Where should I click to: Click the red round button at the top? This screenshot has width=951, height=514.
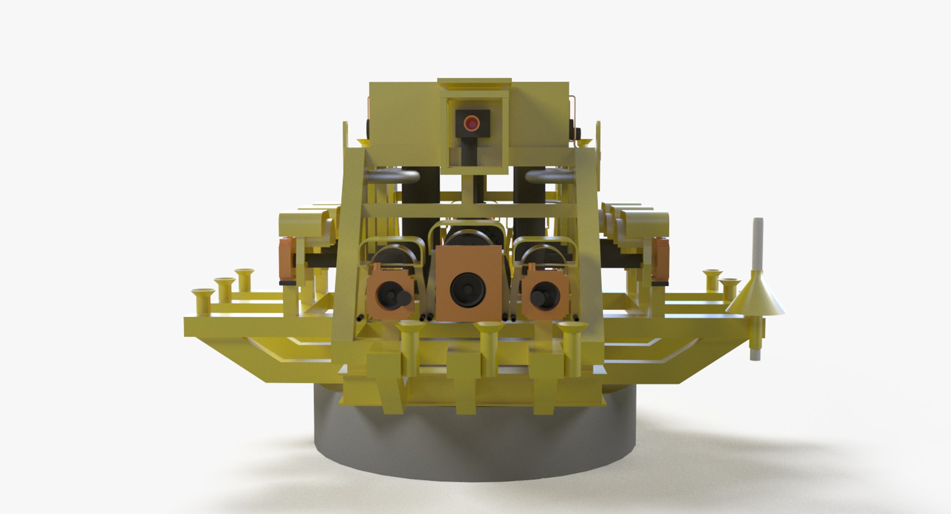(472, 123)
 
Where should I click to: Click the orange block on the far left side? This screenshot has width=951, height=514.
(286, 258)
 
